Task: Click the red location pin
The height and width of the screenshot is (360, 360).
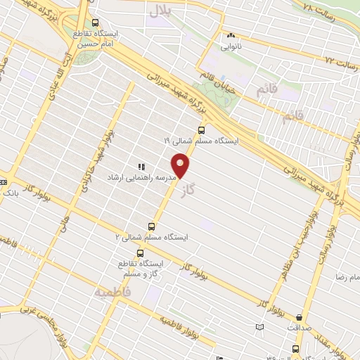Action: tap(182, 165)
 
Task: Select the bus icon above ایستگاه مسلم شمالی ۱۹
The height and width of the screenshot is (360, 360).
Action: tap(202, 129)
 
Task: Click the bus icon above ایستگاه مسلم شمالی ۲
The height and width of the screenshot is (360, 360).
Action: tap(151, 226)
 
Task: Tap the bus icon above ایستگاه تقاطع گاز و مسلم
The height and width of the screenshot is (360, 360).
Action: tap(140, 253)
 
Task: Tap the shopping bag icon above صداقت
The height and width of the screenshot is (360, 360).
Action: tap(300, 317)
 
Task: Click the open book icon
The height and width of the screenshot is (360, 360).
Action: tap(260, 327)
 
